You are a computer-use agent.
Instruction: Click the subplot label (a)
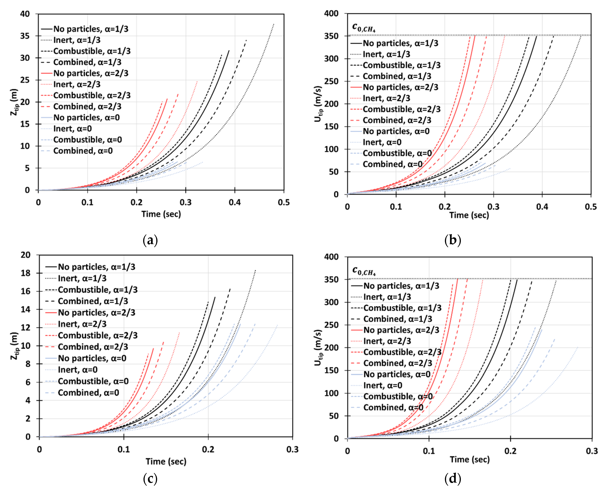150,240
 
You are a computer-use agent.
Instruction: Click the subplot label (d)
453,479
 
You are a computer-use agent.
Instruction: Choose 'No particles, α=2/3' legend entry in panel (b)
400,87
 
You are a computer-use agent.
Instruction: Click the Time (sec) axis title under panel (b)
469,215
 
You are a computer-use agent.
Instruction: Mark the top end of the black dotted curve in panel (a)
274,24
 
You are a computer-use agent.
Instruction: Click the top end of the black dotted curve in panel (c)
255,270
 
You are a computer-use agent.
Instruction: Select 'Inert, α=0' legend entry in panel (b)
382,142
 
